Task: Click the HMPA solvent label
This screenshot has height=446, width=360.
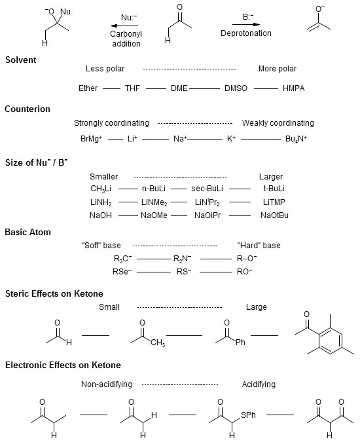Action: (293, 88)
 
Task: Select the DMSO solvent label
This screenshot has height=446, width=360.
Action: (236, 88)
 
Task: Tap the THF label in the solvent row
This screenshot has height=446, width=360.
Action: (132, 88)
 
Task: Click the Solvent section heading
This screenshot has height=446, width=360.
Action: (21, 60)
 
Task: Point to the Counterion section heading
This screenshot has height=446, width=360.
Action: (27, 109)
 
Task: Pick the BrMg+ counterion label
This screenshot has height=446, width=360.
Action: (91, 139)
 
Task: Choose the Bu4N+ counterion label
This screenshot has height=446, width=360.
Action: (296, 139)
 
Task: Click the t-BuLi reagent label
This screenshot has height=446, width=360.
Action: (274, 189)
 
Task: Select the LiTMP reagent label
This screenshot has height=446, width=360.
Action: (274, 202)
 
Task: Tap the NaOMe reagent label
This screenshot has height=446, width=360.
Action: (154, 215)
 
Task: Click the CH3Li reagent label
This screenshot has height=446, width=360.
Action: (101, 189)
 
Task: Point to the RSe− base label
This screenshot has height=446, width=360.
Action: (122, 271)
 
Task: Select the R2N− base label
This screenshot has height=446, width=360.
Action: (182, 259)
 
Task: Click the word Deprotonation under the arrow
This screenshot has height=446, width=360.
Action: (246, 33)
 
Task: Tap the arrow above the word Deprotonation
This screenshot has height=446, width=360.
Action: (246, 24)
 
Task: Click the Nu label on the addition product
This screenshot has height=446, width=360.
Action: (65, 12)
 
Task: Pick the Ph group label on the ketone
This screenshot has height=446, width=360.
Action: (240, 342)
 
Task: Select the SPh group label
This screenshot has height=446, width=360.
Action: (248, 415)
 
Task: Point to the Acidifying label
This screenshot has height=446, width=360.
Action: (259, 384)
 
